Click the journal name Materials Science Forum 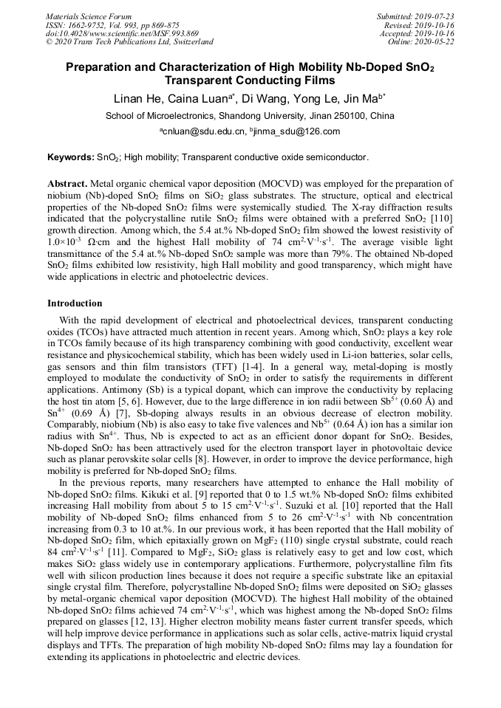[89, 16]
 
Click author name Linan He [136, 98]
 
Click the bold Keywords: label [70, 157]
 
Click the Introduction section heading [75, 303]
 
